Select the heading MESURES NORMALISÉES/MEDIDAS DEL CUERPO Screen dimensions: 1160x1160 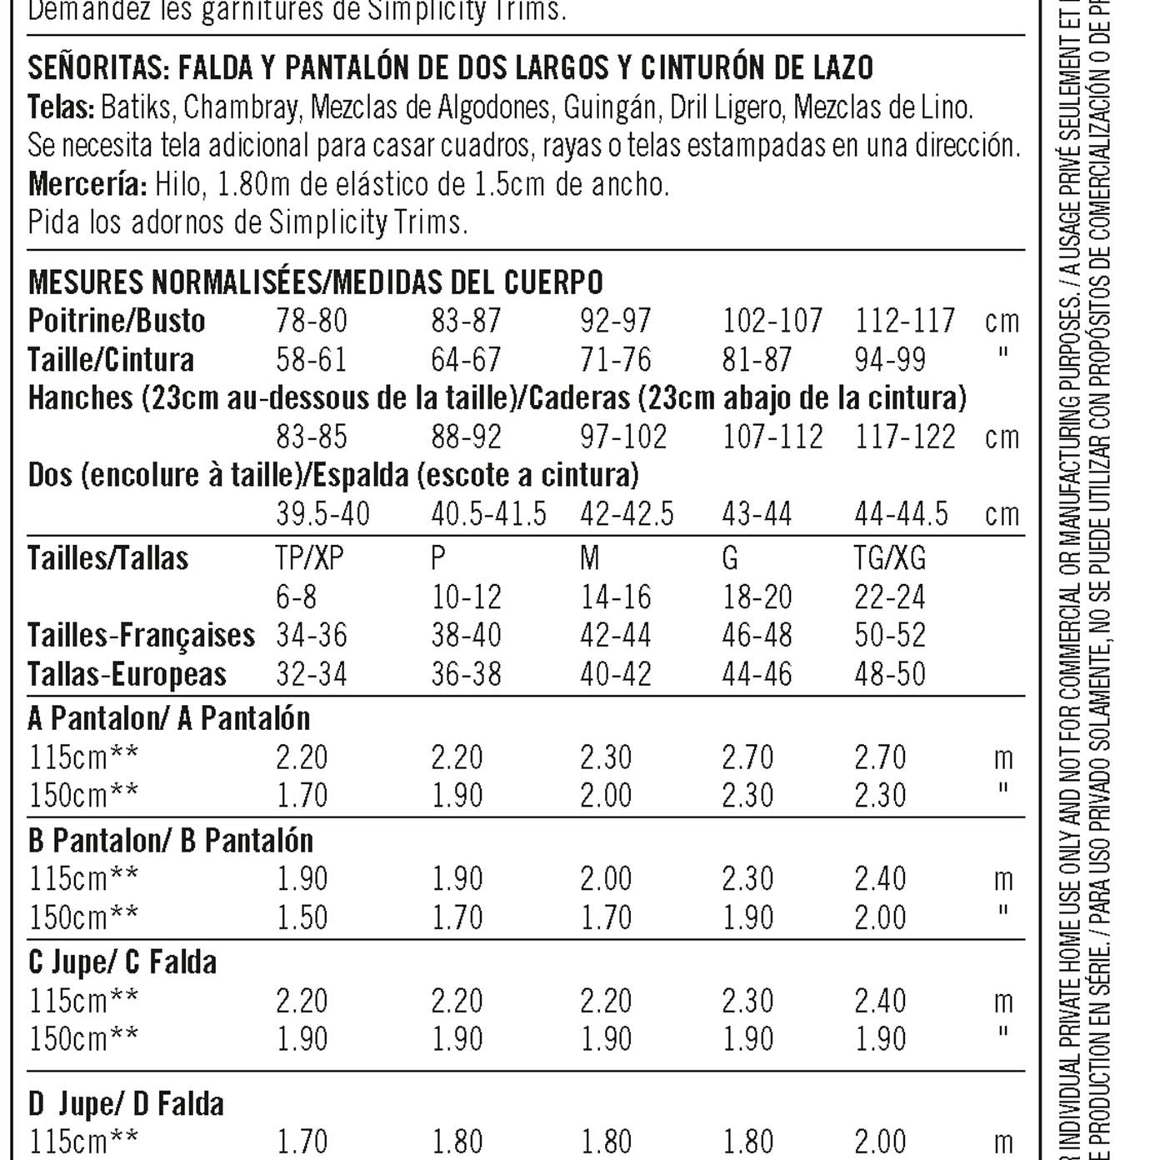(x=315, y=282)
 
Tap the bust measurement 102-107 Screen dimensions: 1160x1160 (x=772, y=321)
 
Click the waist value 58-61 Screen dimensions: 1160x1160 (x=311, y=360)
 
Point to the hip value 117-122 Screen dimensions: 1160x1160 (x=904, y=437)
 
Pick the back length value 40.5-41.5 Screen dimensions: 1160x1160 (x=488, y=514)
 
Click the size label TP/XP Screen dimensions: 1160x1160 (x=309, y=557)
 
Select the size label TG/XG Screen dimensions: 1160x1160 (x=889, y=557)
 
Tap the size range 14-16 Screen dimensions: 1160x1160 (x=615, y=597)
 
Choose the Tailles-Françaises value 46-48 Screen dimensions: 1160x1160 (x=757, y=635)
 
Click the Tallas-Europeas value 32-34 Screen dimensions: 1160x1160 (x=311, y=673)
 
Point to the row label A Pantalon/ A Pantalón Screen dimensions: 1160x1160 (x=169, y=717)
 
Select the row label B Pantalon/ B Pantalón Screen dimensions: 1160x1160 (x=171, y=840)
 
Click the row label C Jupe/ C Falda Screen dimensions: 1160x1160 (x=122, y=962)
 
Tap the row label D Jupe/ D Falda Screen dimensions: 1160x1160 (x=126, y=1104)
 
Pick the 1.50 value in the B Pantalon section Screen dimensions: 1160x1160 (x=302, y=917)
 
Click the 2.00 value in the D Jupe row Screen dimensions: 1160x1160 (x=880, y=1141)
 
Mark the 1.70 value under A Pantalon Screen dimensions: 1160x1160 (x=302, y=795)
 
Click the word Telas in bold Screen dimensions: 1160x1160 (x=60, y=107)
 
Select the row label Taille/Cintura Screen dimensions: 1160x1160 (x=111, y=360)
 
